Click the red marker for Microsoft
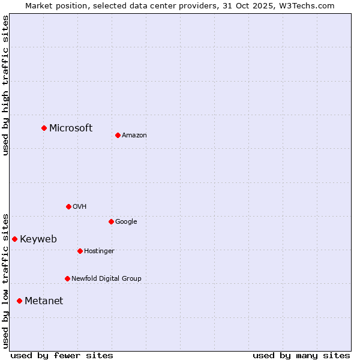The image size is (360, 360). (44, 128)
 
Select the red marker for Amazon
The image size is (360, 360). (118, 135)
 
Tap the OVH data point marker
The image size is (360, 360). (68, 206)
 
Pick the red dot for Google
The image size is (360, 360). (111, 221)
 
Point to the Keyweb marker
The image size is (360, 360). (14, 239)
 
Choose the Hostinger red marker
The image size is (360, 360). (80, 251)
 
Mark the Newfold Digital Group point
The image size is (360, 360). (67, 278)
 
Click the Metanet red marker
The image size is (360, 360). (19, 301)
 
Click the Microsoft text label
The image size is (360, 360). (71, 128)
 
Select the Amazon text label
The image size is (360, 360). (134, 135)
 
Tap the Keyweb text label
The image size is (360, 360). (38, 239)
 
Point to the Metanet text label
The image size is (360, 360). (44, 301)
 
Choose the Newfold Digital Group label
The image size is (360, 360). (106, 278)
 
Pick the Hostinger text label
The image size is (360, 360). (99, 251)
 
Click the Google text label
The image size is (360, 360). (126, 221)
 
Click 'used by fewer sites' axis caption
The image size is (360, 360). (62, 355)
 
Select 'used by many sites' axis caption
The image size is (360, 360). (301, 355)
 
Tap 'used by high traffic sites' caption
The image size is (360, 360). (5, 85)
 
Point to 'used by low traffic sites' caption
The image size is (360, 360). (5, 280)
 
